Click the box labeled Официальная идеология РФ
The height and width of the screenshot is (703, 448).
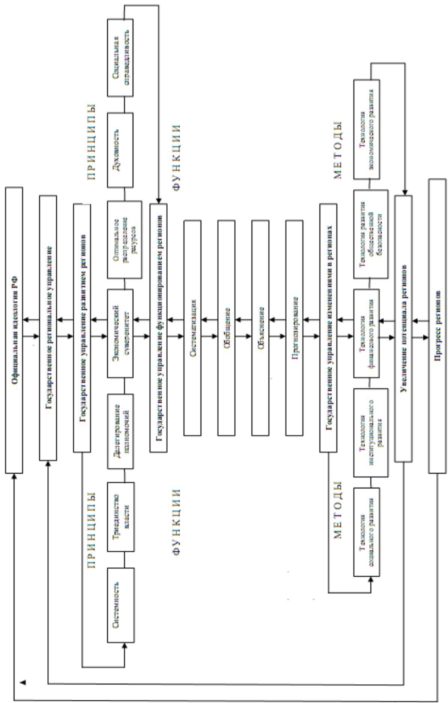coord(14,330)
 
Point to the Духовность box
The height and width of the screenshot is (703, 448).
coord(120,150)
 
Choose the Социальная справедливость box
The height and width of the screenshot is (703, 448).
coord(120,57)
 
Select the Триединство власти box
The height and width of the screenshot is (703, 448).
coord(120,516)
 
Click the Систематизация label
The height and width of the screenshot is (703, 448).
coord(192,328)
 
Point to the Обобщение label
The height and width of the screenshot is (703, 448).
coord(227,328)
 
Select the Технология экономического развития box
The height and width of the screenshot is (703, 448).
coord(367,129)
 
